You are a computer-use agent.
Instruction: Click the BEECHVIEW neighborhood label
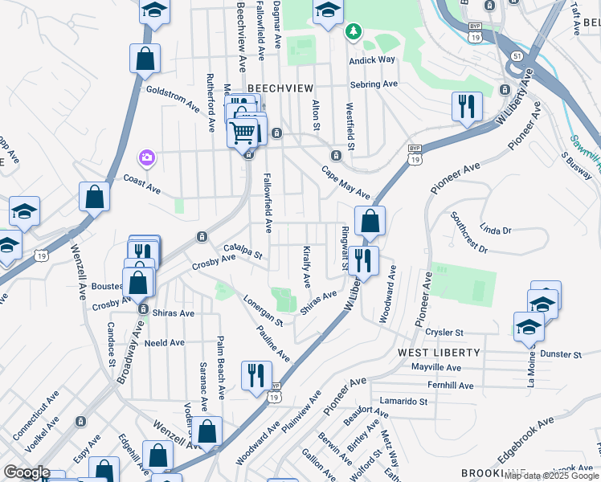point(279,87)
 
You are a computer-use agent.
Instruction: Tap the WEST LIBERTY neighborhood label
point(439,353)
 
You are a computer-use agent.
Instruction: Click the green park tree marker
point(352,31)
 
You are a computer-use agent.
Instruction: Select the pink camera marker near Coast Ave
point(146,157)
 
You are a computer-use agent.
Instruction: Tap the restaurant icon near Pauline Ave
point(256,375)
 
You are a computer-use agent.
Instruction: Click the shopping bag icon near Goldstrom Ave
point(145,58)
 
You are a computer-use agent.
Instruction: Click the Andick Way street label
point(372,60)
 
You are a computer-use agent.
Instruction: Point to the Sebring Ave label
point(374,84)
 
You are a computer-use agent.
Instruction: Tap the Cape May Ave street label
point(345,182)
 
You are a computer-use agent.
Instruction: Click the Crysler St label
point(444,332)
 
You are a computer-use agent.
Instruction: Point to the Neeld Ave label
point(166,342)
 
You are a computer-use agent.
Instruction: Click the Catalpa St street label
point(243,252)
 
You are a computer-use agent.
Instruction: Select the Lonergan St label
point(263,310)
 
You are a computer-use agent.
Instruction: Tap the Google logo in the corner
point(27,472)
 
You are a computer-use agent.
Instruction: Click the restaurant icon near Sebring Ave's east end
point(466,106)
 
